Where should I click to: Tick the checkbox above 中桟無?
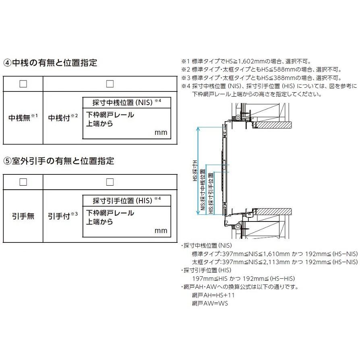(x=23, y=83)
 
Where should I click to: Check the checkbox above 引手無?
(x=23, y=182)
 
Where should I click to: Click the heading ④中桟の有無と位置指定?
(x=50, y=63)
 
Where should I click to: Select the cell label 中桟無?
(x=21, y=118)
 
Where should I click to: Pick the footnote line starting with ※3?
(x=261, y=78)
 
